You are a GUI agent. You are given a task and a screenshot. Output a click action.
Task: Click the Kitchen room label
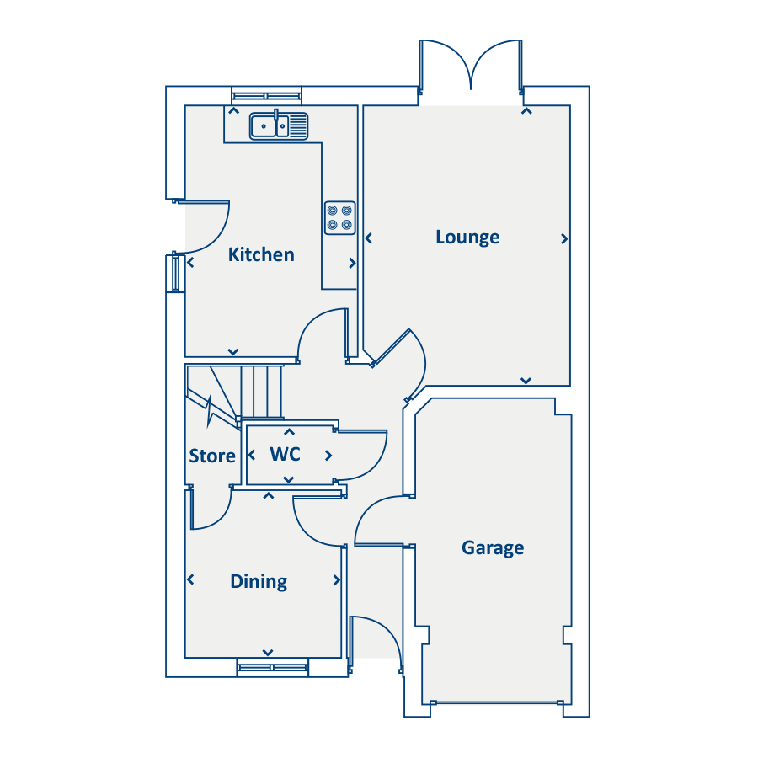tap(261, 254)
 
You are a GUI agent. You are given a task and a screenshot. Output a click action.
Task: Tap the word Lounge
tap(467, 237)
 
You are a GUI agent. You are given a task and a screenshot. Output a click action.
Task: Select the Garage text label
tap(493, 547)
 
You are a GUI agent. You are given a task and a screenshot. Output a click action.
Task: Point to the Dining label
tap(259, 581)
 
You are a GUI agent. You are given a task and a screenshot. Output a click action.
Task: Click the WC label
tap(285, 454)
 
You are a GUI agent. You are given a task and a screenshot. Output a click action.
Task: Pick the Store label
tap(212, 456)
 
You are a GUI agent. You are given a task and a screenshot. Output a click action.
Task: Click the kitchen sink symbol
tap(279, 125)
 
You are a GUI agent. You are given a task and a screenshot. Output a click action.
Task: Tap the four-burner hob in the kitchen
tap(339, 217)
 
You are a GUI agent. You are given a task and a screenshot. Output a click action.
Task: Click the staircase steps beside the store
tap(261, 391)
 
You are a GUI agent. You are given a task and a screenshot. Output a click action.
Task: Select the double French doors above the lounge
tap(472, 63)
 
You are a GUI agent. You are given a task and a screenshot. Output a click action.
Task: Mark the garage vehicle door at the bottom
tap(494, 702)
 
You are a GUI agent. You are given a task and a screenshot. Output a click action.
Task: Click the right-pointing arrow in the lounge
tap(563, 239)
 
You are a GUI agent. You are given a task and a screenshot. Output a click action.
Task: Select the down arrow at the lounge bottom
tap(526, 381)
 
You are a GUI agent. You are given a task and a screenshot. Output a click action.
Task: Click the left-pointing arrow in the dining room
tap(190, 579)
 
